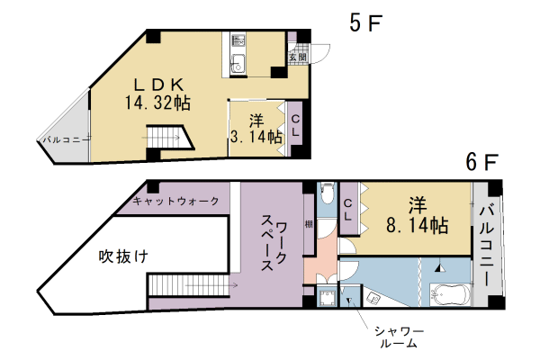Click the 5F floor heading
tap(365, 23)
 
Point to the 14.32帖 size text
tap(157, 102)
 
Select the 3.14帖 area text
tap(256, 137)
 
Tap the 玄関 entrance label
tap(297, 57)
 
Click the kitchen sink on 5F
tap(238, 64)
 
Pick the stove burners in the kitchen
tap(238, 40)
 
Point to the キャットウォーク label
tap(175, 200)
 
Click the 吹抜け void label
tap(123, 256)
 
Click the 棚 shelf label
tap(308, 224)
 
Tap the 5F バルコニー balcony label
tap(61, 140)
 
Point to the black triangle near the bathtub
tap(440, 267)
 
